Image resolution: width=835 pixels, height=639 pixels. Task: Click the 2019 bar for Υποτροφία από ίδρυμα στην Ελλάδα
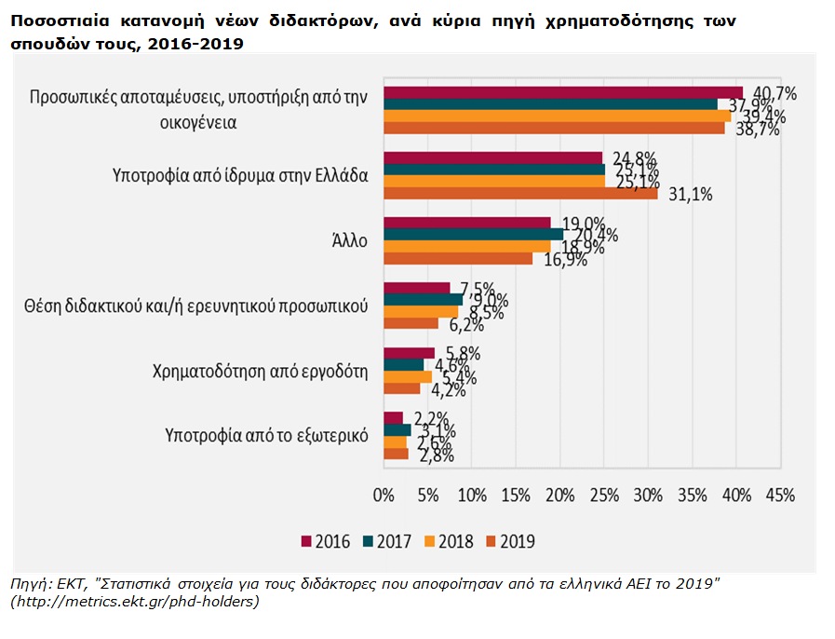point(521,194)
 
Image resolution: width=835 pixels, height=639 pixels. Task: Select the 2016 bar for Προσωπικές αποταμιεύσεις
point(563,91)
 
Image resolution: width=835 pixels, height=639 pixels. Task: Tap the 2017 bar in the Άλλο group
point(473,234)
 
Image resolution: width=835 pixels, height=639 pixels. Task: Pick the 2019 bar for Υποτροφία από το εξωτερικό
point(396,454)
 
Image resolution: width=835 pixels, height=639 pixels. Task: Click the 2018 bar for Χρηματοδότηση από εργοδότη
point(408,376)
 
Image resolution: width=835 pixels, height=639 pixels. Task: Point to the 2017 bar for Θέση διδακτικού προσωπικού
point(423,299)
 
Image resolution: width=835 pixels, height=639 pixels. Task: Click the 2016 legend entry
point(325,541)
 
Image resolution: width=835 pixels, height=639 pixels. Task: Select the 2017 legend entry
point(386,541)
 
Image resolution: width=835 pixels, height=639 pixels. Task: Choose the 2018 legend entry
point(449,541)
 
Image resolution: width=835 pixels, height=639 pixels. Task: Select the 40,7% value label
point(775,92)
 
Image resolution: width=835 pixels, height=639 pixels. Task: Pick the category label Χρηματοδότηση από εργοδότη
point(261,370)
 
